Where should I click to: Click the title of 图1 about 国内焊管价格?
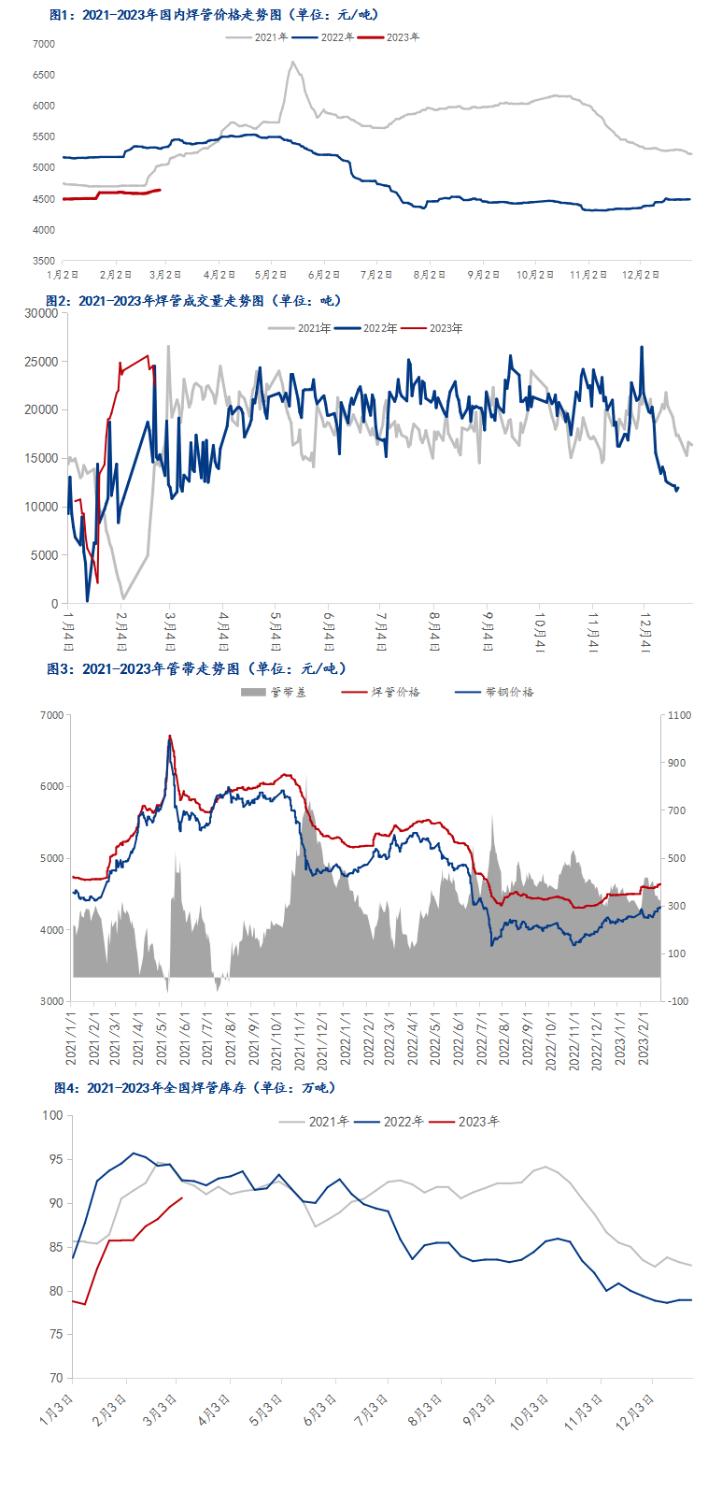point(214,15)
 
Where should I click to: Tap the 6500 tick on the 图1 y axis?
point(44,75)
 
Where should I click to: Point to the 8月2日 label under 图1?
point(430,275)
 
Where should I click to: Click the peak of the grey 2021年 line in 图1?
point(292,63)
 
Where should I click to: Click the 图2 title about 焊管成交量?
point(193,301)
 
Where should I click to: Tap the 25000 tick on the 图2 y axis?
point(41,362)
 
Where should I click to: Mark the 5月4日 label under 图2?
point(276,631)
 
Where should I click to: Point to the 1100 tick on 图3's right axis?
point(679,715)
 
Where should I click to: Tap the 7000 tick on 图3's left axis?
point(52,715)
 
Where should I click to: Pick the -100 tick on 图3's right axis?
point(678,1001)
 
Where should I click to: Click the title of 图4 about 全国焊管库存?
point(195,1088)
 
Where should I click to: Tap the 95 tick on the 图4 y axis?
point(55,1159)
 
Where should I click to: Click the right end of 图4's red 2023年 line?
point(182,1197)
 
